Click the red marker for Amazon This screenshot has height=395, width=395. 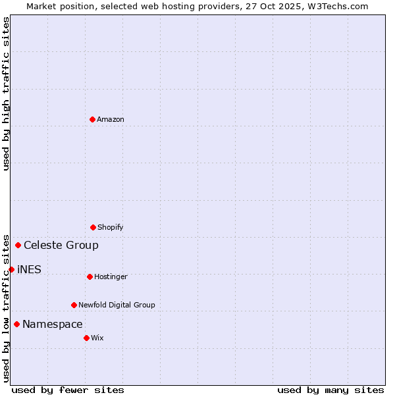coord(92,119)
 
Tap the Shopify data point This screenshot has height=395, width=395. coord(93,227)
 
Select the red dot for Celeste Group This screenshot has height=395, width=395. coord(18,246)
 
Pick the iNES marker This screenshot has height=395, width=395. coord(11,269)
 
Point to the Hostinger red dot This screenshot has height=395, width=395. coord(90,276)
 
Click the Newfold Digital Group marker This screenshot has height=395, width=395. coord(74,305)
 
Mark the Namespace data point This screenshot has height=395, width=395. coord(16,324)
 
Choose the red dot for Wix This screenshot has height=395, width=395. coord(86,338)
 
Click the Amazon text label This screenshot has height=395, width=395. coord(111,119)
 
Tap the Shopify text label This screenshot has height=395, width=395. coord(111,227)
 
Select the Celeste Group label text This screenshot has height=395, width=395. coord(61,246)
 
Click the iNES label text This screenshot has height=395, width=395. coord(29,269)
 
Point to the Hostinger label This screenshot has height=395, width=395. coord(111,276)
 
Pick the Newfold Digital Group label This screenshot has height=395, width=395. coord(117,305)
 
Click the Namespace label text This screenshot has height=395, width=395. coord(53,324)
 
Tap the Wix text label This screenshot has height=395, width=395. coord(97,338)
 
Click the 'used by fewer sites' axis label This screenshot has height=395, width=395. coord(68,390)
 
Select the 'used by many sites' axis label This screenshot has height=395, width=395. coord(330,390)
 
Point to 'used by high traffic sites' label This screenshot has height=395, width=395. coord(6,93)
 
